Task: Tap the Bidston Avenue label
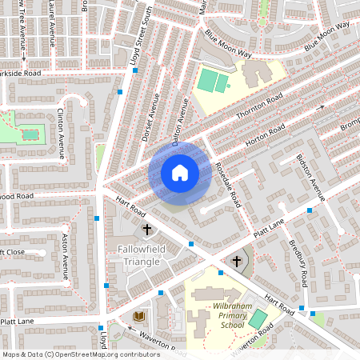click(311, 177)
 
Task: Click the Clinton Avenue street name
click(62, 134)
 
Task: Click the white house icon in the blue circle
click(180, 173)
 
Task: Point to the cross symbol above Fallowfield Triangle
click(147, 230)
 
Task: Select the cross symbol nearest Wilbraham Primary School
click(236, 262)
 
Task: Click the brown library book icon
click(138, 317)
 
